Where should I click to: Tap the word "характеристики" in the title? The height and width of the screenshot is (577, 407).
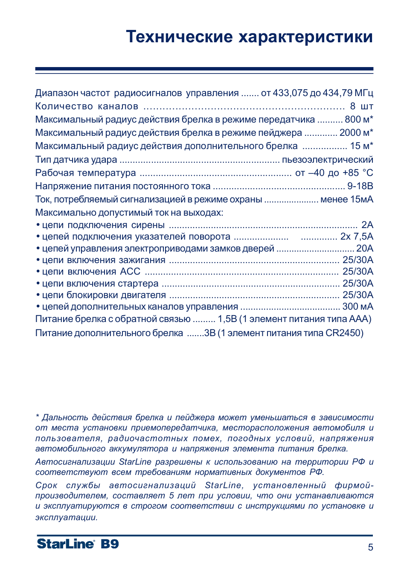(x=305, y=37)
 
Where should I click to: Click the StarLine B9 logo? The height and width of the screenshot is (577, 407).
(x=78, y=544)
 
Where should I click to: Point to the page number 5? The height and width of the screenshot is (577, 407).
(x=370, y=547)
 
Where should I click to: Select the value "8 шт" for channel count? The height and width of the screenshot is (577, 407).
(x=361, y=106)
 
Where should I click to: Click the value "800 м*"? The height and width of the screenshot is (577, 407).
(x=359, y=120)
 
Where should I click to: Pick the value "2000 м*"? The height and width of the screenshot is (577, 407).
(x=356, y=133)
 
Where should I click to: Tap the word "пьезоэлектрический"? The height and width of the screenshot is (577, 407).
(x=327, y=160)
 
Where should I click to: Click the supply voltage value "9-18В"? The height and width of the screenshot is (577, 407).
(x=360, y=186)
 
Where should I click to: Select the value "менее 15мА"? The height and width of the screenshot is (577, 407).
(x=346, y=199)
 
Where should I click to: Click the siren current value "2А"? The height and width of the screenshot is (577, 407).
(x=367, y=225)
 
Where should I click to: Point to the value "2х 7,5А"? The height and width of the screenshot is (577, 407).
(x=357, y=237)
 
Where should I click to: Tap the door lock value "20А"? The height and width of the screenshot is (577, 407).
(x=365, y=249)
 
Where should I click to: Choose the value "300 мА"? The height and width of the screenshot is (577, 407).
(x=358, y=307)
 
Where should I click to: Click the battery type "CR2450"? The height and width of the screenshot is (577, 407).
(x=343, y=333)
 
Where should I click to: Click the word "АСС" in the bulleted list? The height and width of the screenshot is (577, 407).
(x=130, y=272)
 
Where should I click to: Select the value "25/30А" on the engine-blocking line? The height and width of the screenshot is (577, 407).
(x=358, y=295)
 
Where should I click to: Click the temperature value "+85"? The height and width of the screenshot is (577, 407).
(x=350, y=173)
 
